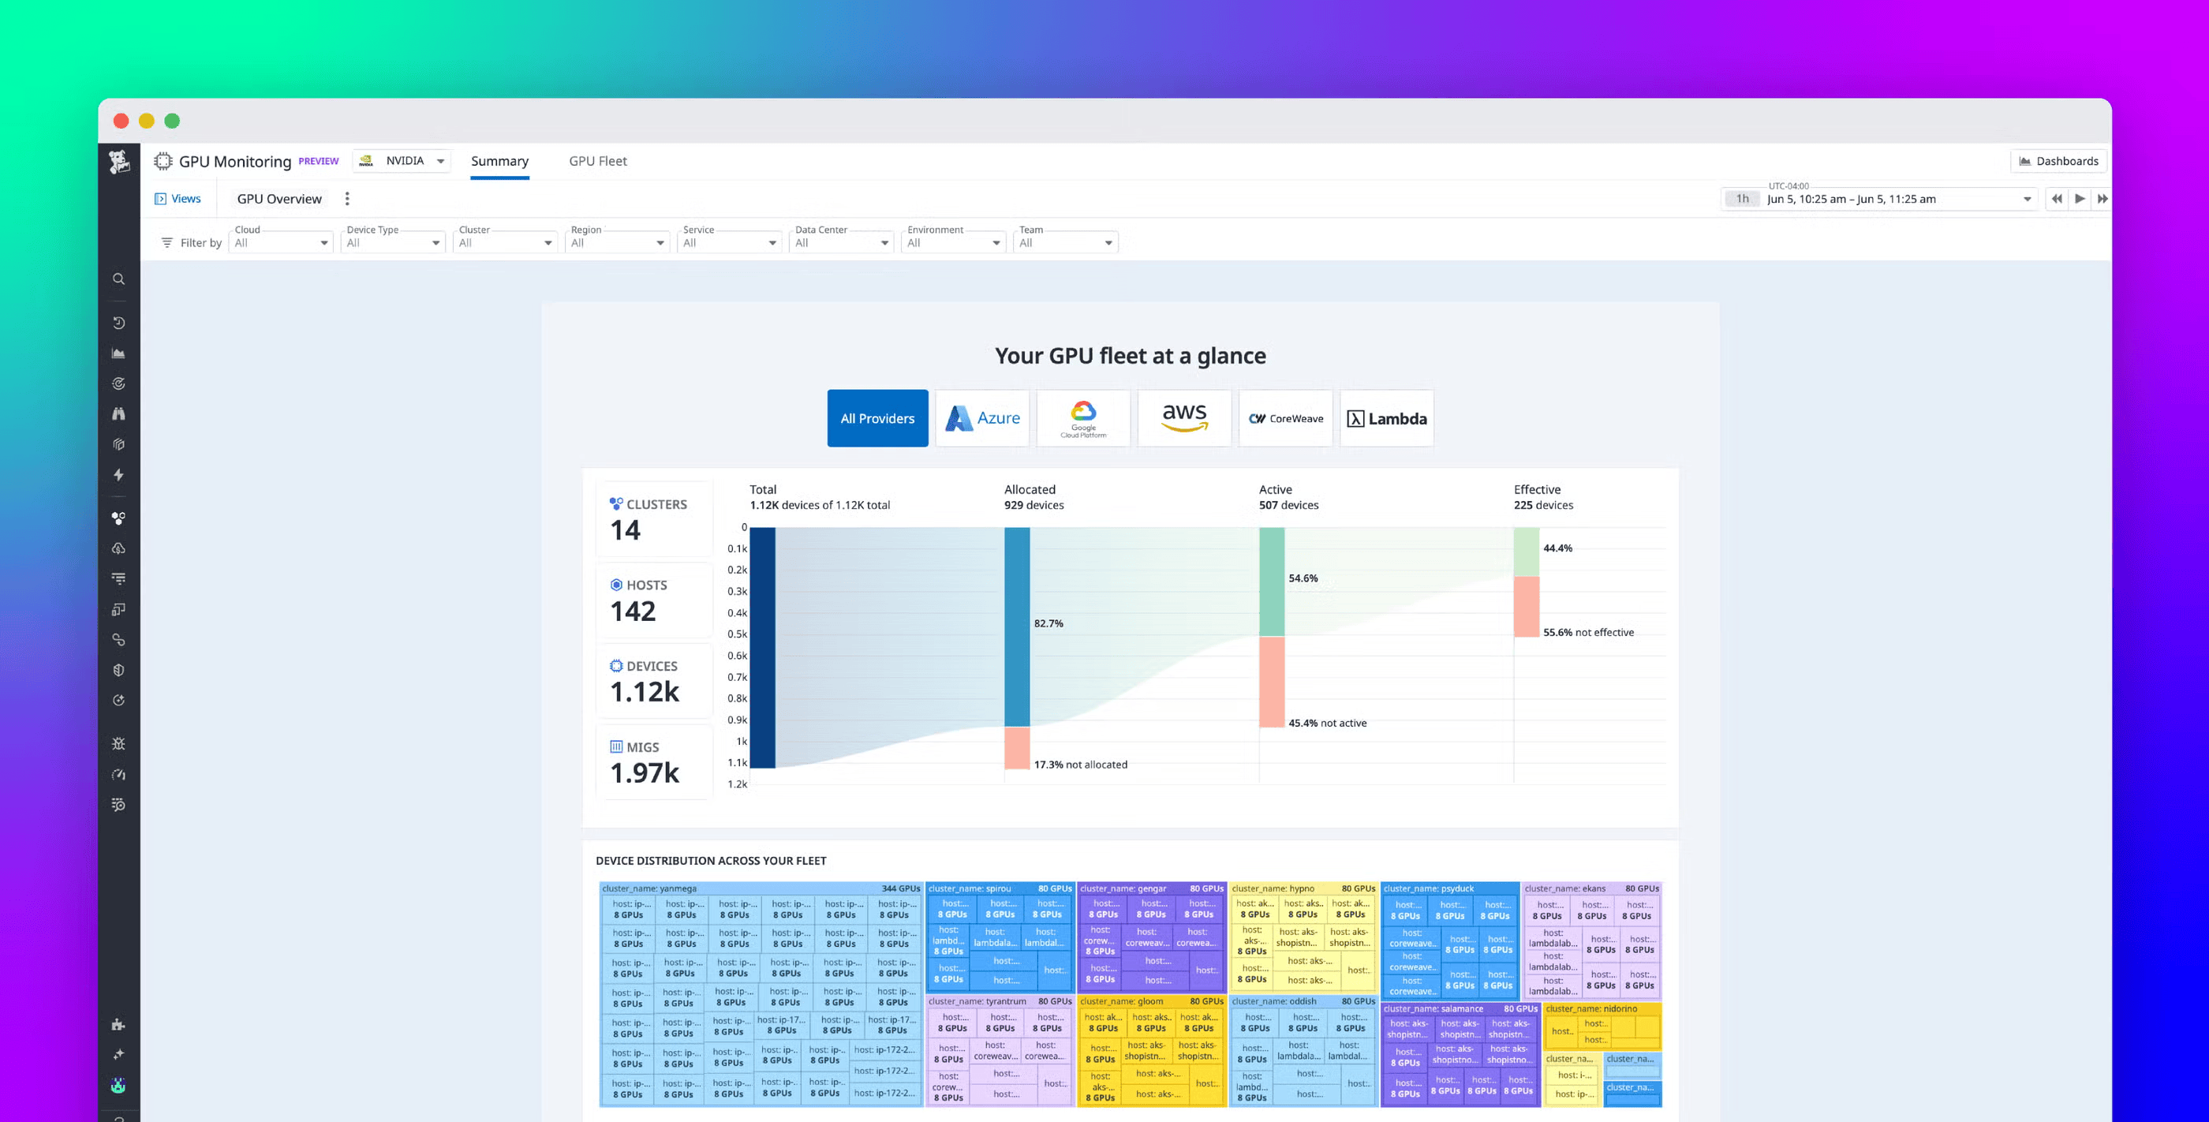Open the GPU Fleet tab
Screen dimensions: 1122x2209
click(x=598, y=161)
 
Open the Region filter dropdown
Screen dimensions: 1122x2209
click(x=617, y=243)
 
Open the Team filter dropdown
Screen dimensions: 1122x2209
click(x=1065, y=243)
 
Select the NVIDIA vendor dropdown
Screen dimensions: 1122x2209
click(x=402, y=161)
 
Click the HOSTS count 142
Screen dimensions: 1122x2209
click(x=633, y=611)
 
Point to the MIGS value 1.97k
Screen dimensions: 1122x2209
click(x=644, y=773)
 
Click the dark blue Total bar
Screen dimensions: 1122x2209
click(x=762, y=648)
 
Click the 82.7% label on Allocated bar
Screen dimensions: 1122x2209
click(x=1048, y=623)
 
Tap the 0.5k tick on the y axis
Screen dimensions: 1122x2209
click(x=737, y=634)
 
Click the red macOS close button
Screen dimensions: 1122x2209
click(x=121, y=121)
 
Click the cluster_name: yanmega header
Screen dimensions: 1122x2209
click(x=649, y=888)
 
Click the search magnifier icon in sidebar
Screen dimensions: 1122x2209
click(x=118, y=279)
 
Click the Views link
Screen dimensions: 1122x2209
click(x=178, y=199)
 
